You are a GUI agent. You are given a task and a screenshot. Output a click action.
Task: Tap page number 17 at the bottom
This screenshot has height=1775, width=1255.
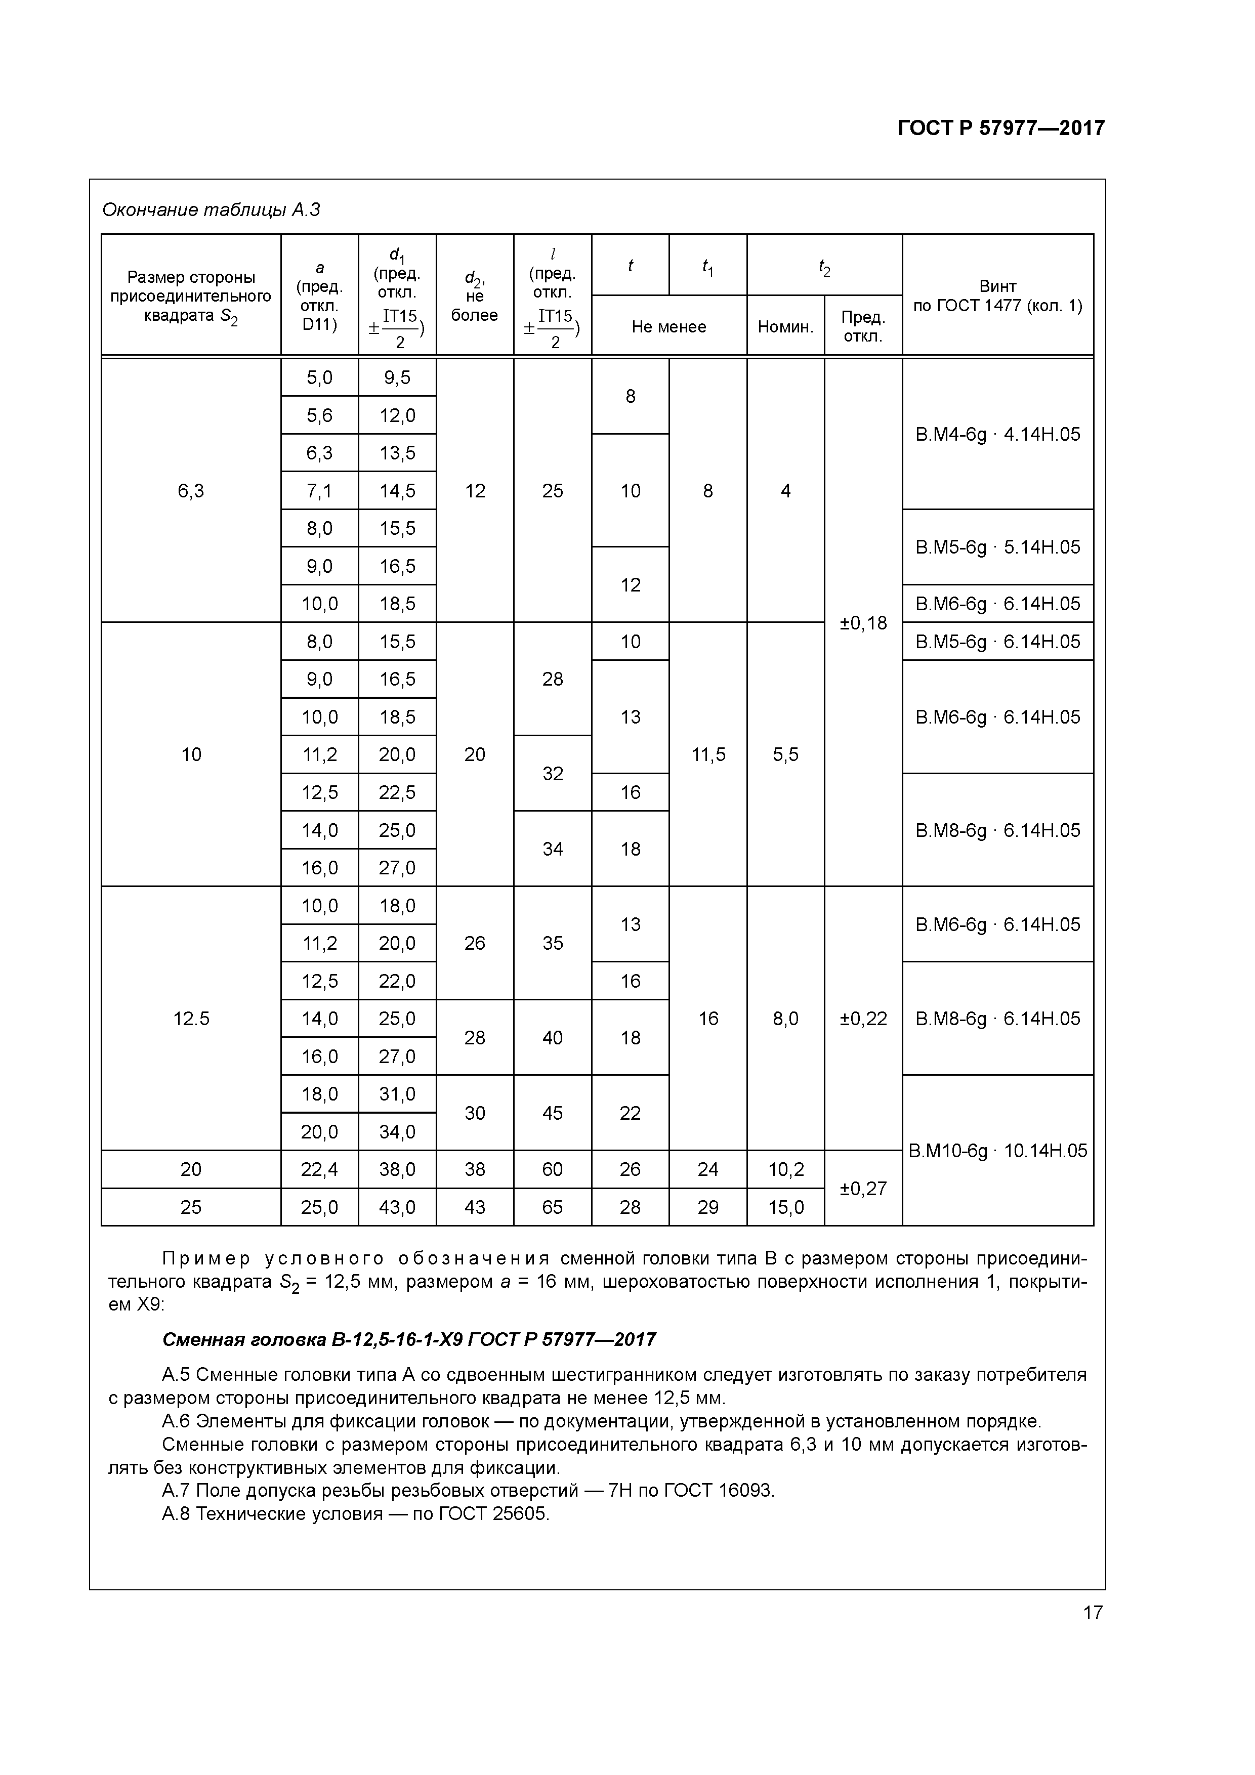pos(1092,1613)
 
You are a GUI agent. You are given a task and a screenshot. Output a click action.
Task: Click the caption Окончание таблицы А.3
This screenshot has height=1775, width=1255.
pos(211,209)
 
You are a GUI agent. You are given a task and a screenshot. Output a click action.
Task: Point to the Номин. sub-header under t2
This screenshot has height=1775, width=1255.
pos(785,326)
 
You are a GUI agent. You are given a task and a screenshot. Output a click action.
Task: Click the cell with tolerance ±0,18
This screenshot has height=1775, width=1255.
pos(863,622)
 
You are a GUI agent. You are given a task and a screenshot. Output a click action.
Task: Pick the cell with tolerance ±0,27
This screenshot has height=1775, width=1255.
pos(863,1188)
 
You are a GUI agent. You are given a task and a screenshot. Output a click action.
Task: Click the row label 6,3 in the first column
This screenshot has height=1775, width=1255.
pos(191,490)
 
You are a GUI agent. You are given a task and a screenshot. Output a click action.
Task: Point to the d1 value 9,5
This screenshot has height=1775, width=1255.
pos(397,377)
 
